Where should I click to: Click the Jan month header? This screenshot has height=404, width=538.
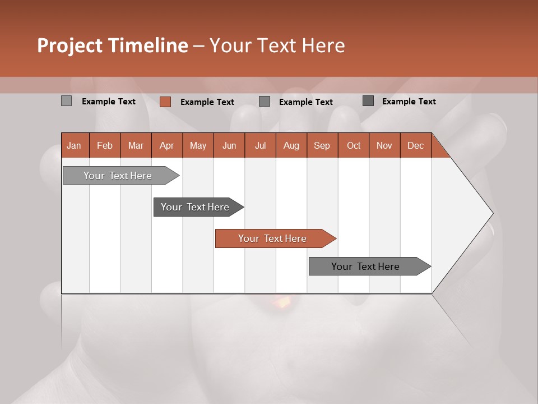tap(74, 145)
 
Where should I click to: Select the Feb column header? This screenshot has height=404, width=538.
tap(105, 145)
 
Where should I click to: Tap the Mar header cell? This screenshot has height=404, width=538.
tap(136, 145)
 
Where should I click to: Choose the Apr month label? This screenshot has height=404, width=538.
tap(166, 145)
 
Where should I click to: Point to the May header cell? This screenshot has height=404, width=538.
tap(198, 145)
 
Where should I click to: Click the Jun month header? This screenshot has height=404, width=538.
tap(229, 145)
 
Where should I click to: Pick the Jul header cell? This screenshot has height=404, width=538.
tap(260, 145)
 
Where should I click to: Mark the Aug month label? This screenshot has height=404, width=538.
tap(291, 145)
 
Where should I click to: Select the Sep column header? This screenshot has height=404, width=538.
tap(322, 145)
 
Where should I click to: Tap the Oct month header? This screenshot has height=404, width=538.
tap(354, 145)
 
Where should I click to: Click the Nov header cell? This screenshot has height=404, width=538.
tap(384, 145)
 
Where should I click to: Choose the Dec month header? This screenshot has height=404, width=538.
tap(415, 145)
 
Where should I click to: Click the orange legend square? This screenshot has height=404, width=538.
tap(165, 102)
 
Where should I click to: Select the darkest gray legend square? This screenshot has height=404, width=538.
tap(368, 101)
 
